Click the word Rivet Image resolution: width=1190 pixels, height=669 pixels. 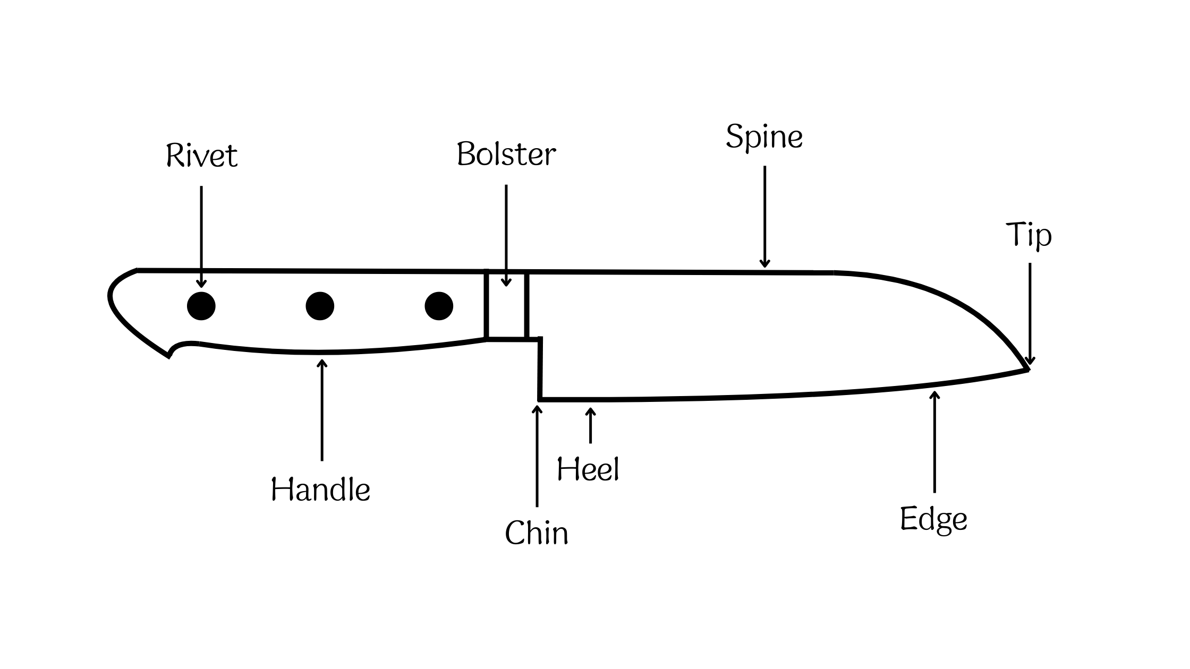[201, 156]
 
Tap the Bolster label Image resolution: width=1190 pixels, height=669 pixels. [506, 155]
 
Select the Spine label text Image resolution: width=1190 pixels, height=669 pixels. [764, 137]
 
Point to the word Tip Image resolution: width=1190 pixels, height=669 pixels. [1028, 235]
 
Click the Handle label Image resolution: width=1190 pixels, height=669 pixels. [320, 489]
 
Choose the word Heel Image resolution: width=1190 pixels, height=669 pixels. [588, 470]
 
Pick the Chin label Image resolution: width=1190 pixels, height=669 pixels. [537, 533]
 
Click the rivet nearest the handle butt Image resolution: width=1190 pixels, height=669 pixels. [201, 306]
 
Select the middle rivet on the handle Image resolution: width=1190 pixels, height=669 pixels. [320, 306]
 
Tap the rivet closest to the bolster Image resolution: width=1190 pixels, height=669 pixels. [439, 306]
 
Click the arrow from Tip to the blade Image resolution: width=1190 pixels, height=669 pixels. [1030, 313]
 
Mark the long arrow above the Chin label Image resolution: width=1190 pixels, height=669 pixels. [537, 457]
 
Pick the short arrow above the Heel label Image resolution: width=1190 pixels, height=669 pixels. [590, 425]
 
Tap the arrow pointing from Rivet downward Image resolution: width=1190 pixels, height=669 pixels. [201, 236]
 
